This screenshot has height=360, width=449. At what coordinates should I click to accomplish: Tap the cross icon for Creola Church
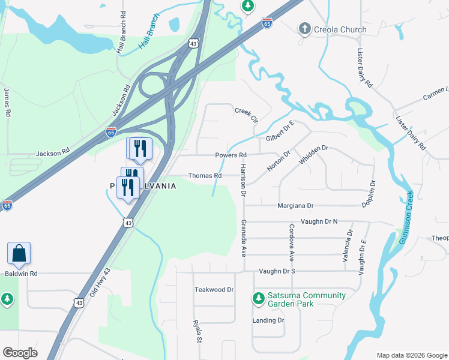tap(304, 29)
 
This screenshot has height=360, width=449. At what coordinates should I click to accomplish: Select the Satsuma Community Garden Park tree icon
tap(259, 298)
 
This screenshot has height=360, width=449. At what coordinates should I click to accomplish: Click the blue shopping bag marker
tap(19, 254)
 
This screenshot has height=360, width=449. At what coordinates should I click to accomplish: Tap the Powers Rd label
tap(231, 155)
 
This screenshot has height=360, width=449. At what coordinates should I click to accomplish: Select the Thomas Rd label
tap(205, 176)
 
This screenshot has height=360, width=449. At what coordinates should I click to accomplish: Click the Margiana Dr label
tap(295, 206)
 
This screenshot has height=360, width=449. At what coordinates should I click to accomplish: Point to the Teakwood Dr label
tap(214, 289)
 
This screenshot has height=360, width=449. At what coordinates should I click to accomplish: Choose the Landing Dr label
tap(268, 320)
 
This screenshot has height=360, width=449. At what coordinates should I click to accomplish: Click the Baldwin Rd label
tap(21, 274)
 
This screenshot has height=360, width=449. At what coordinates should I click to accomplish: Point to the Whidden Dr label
tap(313, 156)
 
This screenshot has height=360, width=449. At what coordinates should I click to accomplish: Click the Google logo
tap(20, 353)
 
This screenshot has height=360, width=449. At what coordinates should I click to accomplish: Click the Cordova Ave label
tap(291, 242)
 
